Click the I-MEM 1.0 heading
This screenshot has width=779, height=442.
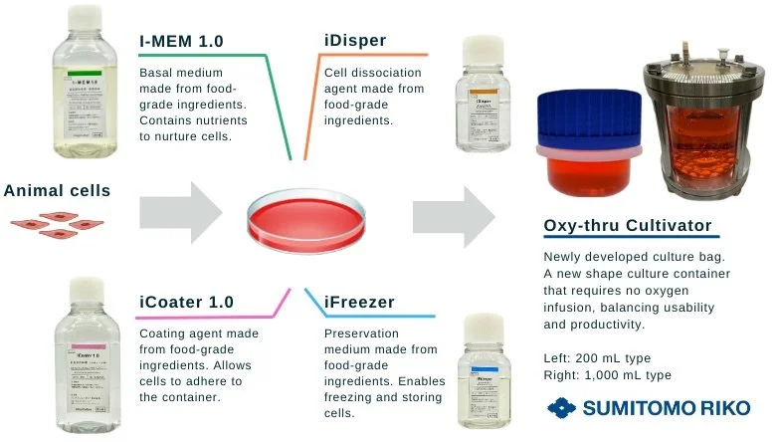[183, 41]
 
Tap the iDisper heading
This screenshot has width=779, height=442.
[355, 41]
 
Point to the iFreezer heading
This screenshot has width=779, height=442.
[359, 302]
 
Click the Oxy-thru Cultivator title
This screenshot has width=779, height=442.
[630, 226]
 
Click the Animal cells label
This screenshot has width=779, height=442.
[57, 190]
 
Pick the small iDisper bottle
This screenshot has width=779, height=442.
[483, 97]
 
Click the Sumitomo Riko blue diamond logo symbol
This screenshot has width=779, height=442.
[563, 408]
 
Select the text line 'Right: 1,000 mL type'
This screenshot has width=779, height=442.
[616, 374]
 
